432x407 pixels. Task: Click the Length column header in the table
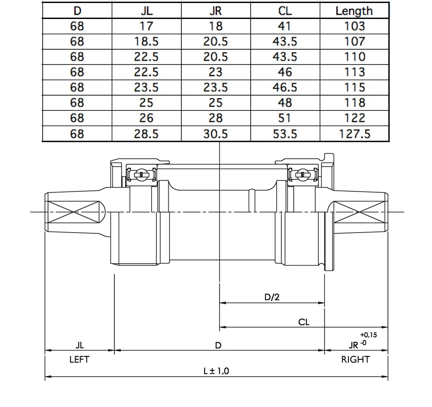tap(354, 11)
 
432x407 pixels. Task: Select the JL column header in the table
tap(146, 11)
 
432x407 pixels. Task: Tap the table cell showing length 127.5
tap(354, 134)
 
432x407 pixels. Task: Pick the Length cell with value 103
tap(354, 26)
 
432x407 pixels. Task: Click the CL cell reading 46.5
tap(285, 87)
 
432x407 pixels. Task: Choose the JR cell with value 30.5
tap(216, 134)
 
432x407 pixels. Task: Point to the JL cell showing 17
tap(146, 26)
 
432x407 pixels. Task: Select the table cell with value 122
tap(354, 118)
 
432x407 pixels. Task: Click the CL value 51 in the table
tap(285, 118)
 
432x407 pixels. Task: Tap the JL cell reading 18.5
tap(146, 41)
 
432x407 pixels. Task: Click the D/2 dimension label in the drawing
tap(272, 297)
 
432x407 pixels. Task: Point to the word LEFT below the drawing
tap(79, 360)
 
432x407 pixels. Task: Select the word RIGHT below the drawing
tap(355, 360)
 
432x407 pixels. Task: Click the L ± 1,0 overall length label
tap(216, 371)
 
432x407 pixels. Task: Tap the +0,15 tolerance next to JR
tap(369, 335)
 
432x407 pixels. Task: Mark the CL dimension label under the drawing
tap(304, 322)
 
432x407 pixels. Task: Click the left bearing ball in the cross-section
tap(141, 174)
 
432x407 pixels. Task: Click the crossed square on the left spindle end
tap(74, 212)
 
